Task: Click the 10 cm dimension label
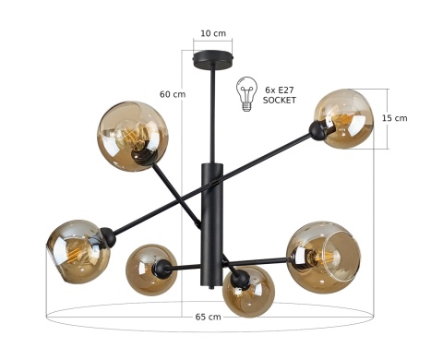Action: (213, 33)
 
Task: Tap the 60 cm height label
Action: (173, 94)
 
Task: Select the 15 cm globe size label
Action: (394, 118)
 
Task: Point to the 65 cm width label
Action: (208, 317)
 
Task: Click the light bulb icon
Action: (246, 94)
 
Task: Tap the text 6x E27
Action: (280, 90)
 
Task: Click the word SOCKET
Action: (280, 101)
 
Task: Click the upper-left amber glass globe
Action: (133, 137)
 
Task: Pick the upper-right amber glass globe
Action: (344, 119)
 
